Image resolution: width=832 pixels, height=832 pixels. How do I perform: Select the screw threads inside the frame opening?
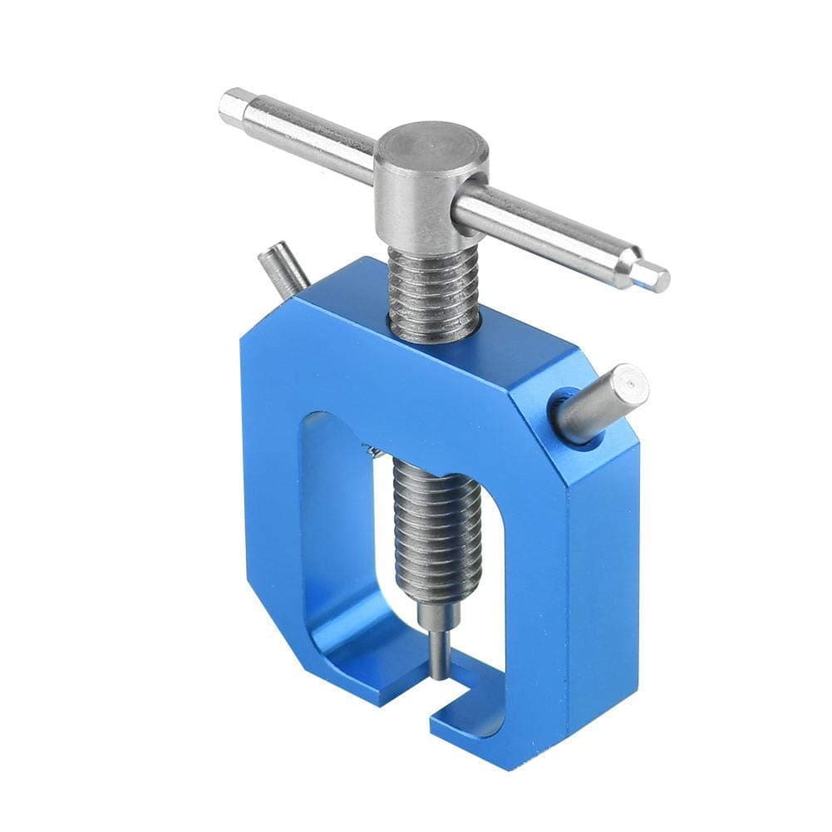pos(436,524)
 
